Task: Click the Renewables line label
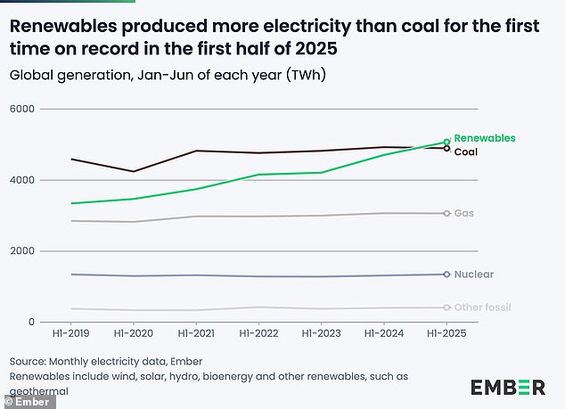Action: [x=485, y=138]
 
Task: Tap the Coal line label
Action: [x=467, y=151]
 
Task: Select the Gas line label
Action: [x=463, y=213]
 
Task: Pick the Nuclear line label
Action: [x=473, y=274]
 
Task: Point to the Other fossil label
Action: [x=482, y=307]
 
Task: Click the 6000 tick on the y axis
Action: [x=21, y=109]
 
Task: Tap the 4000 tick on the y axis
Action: [x=21, y=180]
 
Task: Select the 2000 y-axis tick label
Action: [x=21, y=251]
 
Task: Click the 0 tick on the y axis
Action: [x=31, y=322]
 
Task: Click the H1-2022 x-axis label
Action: [x=258, y=333]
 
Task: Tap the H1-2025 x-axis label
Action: [x=446, y=333]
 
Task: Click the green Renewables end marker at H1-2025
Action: [x=446, y=142]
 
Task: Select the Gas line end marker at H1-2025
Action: [x=446, y=213]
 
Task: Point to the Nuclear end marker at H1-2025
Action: [x=446, y=274]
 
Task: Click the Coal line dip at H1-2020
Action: [x=133, y=171]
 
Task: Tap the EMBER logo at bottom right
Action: [x=508, y=387]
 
